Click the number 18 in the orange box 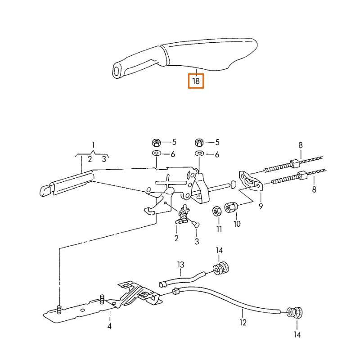(x=196, y=81)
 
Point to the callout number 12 (x=243, y=322)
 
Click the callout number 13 (x=180, y=265)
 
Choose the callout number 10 (x=237, y=224)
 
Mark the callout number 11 (x=219, y=229)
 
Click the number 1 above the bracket (x=93, y=145)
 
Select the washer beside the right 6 (x=199, y=154)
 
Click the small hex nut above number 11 (x=216, y=211)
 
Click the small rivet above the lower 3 (x=195, y=222)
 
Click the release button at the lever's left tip (x=44, y=190)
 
